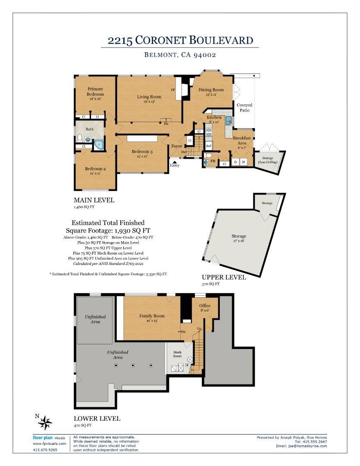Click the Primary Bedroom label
point(95,91)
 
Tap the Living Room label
point(149,97)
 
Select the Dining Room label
point(211,90)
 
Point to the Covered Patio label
point(244,107)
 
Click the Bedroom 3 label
point(142,151)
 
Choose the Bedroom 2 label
point(95,169)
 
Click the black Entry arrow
point(175,161)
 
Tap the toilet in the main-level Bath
point(79,138)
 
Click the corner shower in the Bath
point(99,145)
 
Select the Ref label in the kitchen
point(209,146)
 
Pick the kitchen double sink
point(229,121)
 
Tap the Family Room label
point(152,316)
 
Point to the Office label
point(205,305)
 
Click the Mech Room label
point(177,354)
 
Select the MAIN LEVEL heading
point(94,200)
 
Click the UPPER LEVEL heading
point(224,277)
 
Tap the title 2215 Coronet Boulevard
point(180,40)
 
